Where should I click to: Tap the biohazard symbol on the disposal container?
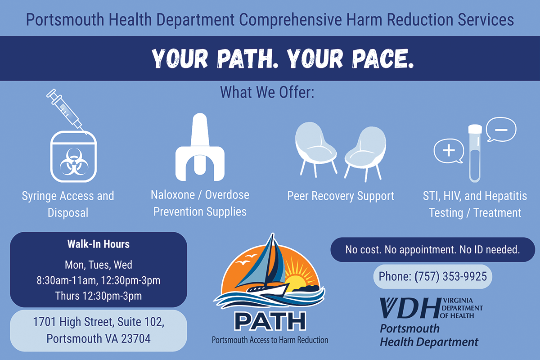[74, 162]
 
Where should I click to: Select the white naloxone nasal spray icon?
[200, 147]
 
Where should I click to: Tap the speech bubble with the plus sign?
[449, 151]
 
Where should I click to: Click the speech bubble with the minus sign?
[501, 130]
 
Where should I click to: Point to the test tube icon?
[475, 153]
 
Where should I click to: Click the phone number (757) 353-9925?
[450, 277]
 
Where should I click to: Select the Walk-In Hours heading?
[99, 244]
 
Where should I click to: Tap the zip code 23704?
[136, 338]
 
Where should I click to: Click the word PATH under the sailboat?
[270, 321]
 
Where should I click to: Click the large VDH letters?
[410, 308]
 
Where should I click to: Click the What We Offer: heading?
[267, 92]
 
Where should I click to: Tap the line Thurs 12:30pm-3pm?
[99, 296]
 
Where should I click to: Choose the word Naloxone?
[173, 195]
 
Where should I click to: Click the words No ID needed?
[490, 250]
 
